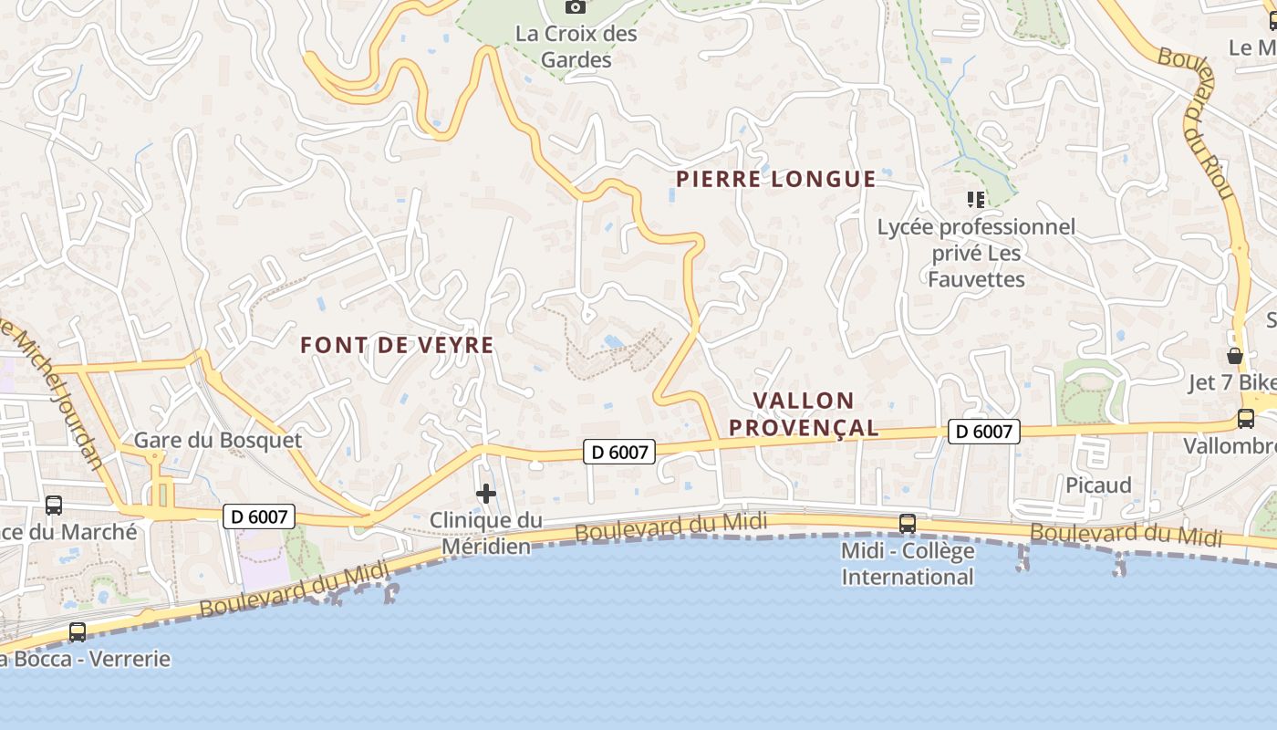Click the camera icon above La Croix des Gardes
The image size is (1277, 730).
(x=575, y=6)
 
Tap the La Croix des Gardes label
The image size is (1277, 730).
(x=576, y=47)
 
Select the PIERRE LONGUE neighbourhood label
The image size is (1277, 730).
(x=775, y=179)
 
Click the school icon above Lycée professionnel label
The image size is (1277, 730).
(x=976, y=199)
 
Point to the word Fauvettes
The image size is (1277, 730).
(x=976, y=279)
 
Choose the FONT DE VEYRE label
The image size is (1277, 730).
(x=397, y=345)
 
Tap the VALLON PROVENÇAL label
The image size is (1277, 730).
(x=804, y=413)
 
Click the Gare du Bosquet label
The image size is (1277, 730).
(x=217, y=440)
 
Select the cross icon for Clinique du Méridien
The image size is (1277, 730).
(x=486, y=494)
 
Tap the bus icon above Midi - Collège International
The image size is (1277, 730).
(x=907, y=523)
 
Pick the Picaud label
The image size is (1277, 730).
(x=1098, y=485)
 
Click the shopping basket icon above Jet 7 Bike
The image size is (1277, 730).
(x=1234, y=356)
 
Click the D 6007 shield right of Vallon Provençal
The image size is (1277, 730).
(x=983, y=432)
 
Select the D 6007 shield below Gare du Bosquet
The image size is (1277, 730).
(x=259, y=516)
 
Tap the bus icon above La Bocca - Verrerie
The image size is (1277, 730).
(x=78, y=631)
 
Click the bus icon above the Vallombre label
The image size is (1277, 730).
(x=1245, y=419)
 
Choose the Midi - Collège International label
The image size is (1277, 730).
(x=907, y=564)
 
